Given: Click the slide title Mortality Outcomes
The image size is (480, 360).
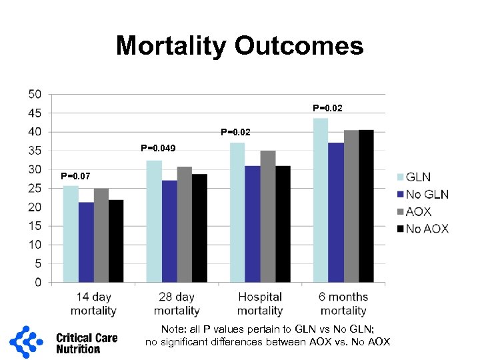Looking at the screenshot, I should point(239,46).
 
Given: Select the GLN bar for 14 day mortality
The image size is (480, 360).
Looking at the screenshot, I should point(71,234).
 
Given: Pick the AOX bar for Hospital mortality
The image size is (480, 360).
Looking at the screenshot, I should point(268,217).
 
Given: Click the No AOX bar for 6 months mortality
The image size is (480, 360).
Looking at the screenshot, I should point(366,206).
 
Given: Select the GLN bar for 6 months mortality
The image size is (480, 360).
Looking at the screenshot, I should point(321,200).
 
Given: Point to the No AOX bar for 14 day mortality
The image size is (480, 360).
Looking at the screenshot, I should point(116,241).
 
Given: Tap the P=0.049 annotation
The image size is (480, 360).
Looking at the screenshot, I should point(158,148).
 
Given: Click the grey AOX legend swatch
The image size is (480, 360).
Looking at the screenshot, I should point(401,212).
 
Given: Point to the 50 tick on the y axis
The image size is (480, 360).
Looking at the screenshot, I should point(34,94).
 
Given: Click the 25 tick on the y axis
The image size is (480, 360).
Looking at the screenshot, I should point(34,189).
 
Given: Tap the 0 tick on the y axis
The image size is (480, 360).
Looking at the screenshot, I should point(37,283).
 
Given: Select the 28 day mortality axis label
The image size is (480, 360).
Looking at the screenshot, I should point(177,303).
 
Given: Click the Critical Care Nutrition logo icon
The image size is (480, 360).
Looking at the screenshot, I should point(29,343).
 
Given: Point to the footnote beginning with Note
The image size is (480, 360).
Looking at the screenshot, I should point(268,335).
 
